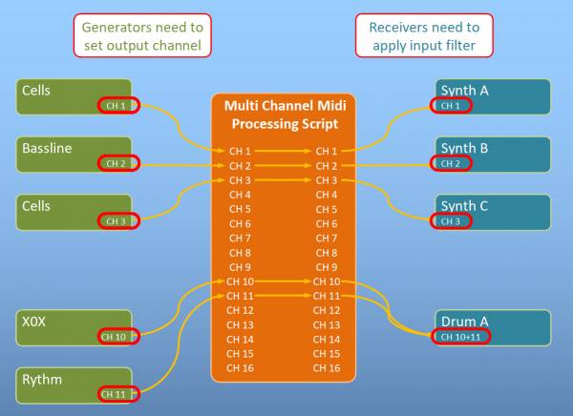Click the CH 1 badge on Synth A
pos(451,106)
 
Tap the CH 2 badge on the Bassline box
pos(118,163)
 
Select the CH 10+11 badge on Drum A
pos(460,337)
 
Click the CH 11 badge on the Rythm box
pos(118,394)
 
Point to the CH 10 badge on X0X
pos(118,337)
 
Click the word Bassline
pos(47,148)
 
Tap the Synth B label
pos(464,148)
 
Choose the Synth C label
pos(464,206)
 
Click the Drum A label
pos(464,322)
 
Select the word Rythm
pos(42,380)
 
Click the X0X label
pos(33,322)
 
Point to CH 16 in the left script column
pos(240,368)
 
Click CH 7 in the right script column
pos(327,239)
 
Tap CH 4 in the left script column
pos(240,195)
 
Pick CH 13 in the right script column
pos(327,324)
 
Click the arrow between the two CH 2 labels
pos(283,166)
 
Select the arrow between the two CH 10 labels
pos(283,281)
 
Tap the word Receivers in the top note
pos(397,28)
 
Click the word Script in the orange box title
pos(321,124)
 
